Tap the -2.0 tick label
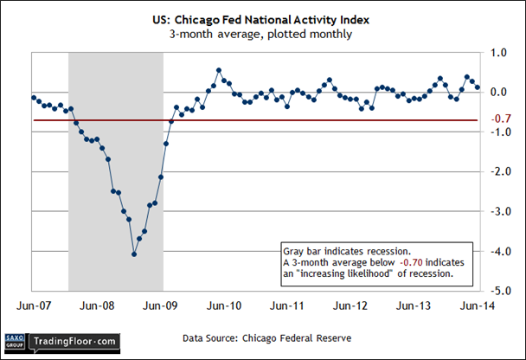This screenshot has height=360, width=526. [496, 171]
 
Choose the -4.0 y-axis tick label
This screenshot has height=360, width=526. [496, 251]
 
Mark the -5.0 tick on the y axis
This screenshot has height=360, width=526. [496, 291]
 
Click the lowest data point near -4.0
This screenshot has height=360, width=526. [134, 254]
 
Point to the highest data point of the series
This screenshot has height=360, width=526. [218, 70]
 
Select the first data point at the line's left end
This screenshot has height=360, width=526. [33, 97]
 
